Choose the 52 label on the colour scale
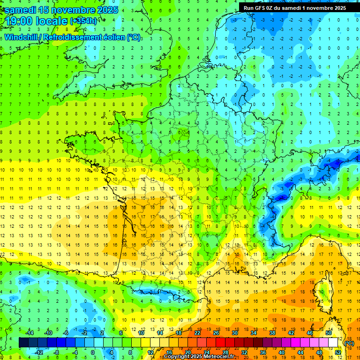click(x=337, y=352)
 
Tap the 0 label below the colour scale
click(x=93, y=352)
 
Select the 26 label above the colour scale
click(x=216, y=333)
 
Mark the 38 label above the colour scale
click(x=272, y=333)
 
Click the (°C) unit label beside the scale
click(x=349, y=343)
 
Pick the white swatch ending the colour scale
click(x=333, y=343)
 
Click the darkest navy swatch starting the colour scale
click(x=24, y=343)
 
